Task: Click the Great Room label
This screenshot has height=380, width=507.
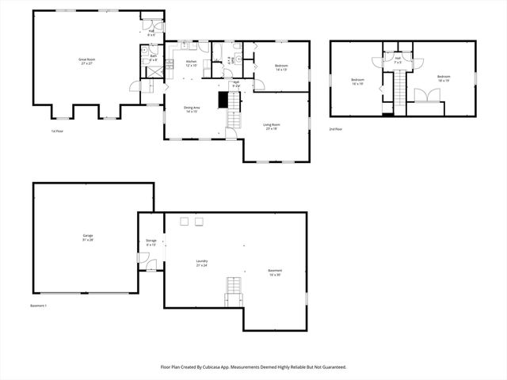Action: coord(87,61)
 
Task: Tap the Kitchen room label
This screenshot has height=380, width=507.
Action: coord(191,63)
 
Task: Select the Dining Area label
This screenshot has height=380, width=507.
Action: coord(191,109)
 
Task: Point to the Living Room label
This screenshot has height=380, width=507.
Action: coord(273,126)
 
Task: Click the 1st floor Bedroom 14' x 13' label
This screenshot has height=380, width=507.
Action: coord(281,68)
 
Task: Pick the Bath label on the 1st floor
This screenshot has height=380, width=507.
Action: coord(153,58)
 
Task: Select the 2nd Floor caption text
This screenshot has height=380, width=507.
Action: coord(336,128)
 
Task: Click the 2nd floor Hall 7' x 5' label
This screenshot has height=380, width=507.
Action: coord(398,59)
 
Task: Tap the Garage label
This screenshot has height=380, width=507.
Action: coord(88,237)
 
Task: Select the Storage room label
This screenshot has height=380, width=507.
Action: coord(151,242)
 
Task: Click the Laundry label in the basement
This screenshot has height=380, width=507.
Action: coord(202,263)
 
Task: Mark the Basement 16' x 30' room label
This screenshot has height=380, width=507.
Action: coord(275,272)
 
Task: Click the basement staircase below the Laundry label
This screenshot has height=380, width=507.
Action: coord(234,291)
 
